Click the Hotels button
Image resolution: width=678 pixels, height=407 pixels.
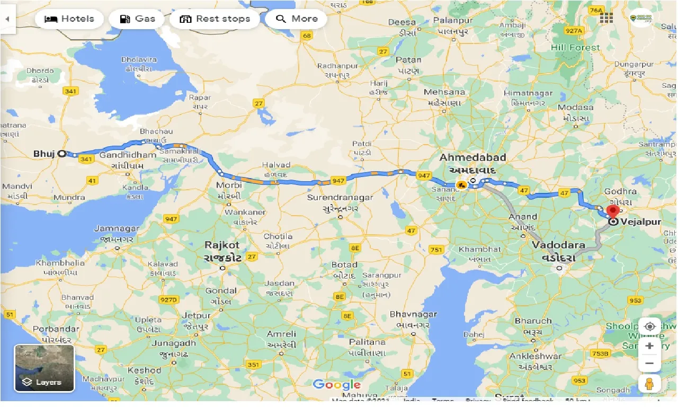(x=69, y=19)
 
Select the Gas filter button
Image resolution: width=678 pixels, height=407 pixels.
(x=137, y=19)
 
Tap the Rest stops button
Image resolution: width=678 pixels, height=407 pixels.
(x=215, y=19)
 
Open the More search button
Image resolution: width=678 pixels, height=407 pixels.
(x=296, y=19)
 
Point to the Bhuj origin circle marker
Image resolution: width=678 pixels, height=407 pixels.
(x=62, y=154)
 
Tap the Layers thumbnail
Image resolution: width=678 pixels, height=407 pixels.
(x=44, y=368)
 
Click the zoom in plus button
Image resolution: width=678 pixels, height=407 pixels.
(x=649, y=346)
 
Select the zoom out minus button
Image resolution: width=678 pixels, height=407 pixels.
(x=649, y=364)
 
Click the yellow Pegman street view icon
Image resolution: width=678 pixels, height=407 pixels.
(x=649, y=383)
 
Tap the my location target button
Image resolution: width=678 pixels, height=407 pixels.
(x=649, y=326)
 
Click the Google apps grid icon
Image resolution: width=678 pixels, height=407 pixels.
(x=606, y=18)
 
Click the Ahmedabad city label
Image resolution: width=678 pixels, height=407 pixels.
(x=472, y=158)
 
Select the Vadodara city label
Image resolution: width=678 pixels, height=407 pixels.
(x=558, y=245)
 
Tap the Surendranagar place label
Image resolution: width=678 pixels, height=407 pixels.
(x=340, y=198)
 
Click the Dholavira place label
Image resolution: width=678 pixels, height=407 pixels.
(x=139, y=60)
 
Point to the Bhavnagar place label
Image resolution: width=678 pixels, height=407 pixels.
(x=414, y=314)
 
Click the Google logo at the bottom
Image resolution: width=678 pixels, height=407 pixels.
(x=336, y=385)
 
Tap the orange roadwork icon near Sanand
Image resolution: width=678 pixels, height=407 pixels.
(x=462, y=185)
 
